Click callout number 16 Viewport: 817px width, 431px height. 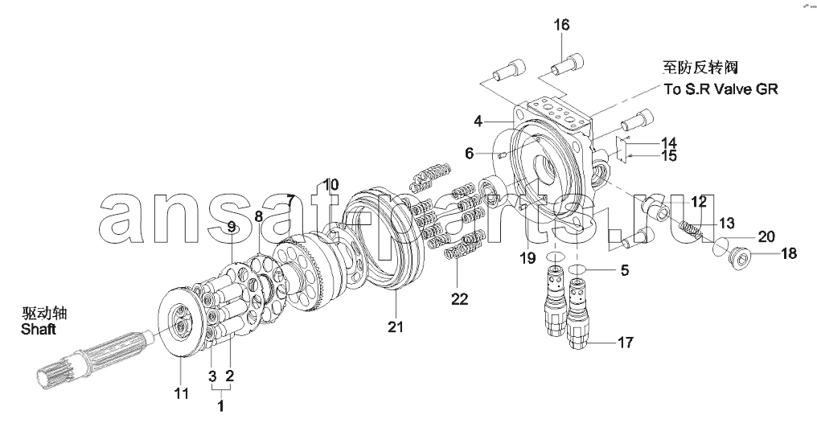560,25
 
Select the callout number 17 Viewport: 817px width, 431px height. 625,342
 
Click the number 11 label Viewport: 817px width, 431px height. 182,393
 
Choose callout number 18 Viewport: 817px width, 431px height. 789,254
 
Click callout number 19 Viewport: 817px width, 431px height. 528,258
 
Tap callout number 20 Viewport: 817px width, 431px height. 766,236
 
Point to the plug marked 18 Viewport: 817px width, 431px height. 737,259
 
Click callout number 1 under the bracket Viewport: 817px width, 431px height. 220,406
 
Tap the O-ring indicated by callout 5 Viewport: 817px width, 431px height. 580,269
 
